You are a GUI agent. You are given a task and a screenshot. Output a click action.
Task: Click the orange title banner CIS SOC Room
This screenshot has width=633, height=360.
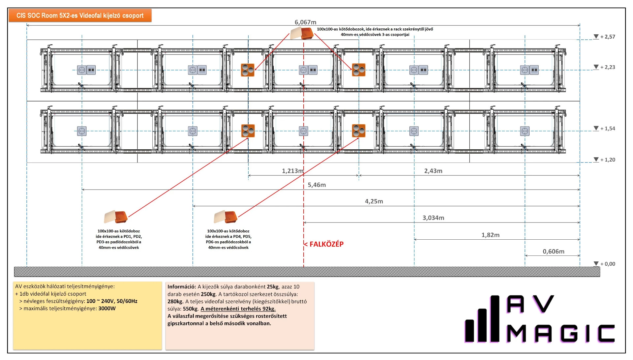click(80, 15)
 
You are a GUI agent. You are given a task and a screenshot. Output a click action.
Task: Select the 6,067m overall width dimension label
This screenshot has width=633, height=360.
click(305, 22)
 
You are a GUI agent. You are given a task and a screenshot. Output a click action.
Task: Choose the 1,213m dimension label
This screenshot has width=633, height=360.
click(292, 171)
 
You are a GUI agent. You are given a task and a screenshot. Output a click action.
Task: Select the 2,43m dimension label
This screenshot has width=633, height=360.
click(433, 171)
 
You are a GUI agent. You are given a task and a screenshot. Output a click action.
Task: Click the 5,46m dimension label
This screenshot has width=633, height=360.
click(316, 185)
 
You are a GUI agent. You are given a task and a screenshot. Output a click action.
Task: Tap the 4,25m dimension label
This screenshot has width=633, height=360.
click(374, 201)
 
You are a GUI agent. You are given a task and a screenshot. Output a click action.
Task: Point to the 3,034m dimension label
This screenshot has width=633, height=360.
click(433, 218)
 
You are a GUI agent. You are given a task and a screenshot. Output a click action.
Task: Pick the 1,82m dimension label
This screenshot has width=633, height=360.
click(490, 235)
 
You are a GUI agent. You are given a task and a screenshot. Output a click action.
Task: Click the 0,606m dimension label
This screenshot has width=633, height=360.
click(553, 252)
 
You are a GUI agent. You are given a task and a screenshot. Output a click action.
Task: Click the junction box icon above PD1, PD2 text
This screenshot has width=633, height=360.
click(116, 217)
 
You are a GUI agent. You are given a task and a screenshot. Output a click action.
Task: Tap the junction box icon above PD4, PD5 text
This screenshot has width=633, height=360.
click(226, 217)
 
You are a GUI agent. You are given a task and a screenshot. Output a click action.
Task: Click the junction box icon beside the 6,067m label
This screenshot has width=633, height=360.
click(302, 33)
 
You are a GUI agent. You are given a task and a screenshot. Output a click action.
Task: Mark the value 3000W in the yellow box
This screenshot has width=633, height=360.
click(107, 309)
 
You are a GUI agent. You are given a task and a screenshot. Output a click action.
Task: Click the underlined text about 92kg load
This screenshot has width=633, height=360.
click(238, 309)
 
